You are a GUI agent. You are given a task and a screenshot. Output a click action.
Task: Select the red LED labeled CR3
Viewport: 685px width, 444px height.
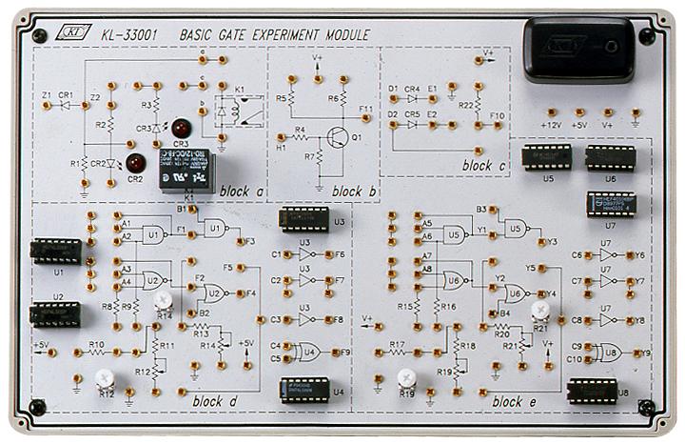click(179, 127)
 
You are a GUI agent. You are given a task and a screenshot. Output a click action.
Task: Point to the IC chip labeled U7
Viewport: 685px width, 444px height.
click(610, 203)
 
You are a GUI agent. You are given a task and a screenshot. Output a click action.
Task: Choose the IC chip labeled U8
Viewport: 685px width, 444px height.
click(593, 390)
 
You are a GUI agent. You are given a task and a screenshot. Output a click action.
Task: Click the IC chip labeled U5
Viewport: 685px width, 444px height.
click(544, 156)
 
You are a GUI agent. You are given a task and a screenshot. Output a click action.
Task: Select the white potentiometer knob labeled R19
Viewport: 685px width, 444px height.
click(406, 377)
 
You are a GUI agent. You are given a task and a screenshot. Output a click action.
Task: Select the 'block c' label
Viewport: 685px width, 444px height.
click(483, 166)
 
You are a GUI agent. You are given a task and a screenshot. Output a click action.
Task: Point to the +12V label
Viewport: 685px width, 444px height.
click(551, 124)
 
